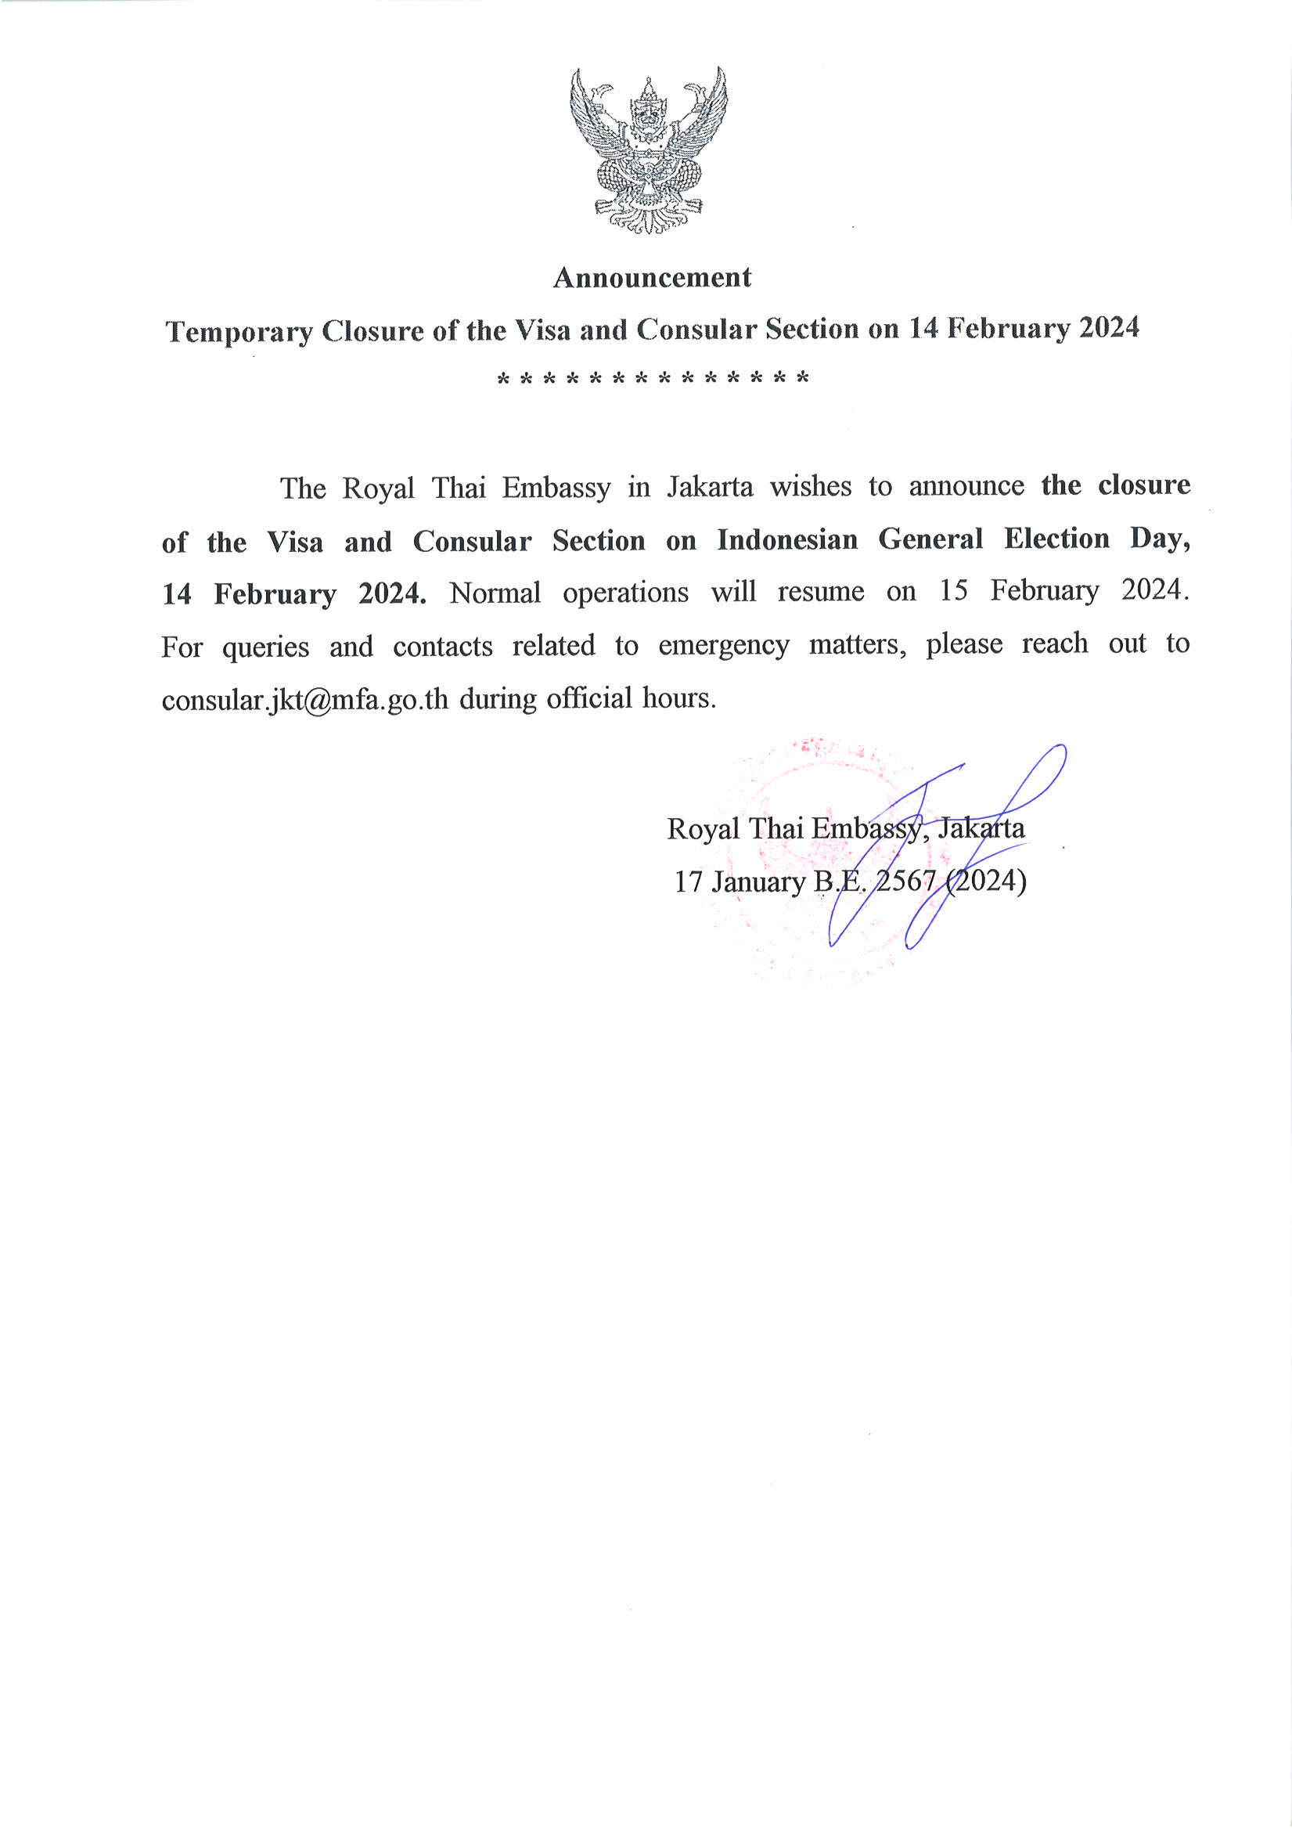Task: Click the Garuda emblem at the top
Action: [x=648, y=150]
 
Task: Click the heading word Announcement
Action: [x=652, y=278]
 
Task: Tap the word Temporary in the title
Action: [x=239, y=331]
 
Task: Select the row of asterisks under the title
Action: [x=653, y=377]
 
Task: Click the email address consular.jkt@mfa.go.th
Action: [x=305, y=700]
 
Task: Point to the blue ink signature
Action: [x=948, y=844]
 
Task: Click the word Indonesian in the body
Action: [x=787, y=540]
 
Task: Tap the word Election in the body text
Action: [x=1056, y=539]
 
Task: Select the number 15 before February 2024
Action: [x=953, y=591]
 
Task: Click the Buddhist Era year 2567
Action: [x=906, y=882]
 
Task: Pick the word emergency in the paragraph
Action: [x=724, y=645]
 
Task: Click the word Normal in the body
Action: [x=495, y=593]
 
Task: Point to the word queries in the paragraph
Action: [x=266, y=647]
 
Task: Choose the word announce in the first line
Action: [x=966, y=485]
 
